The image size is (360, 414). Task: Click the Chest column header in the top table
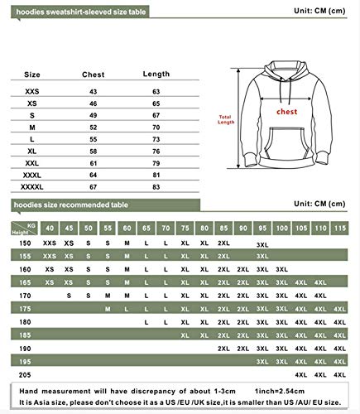pos(94,75)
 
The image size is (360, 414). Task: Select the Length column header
pos(156,75)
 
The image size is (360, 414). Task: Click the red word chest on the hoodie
pos(286,111)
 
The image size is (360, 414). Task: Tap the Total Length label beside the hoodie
pos(226,118)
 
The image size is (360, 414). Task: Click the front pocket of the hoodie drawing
pos(286,150)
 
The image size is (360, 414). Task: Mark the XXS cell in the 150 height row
pos(50,243)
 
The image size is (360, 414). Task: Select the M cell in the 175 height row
pos(127,308)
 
